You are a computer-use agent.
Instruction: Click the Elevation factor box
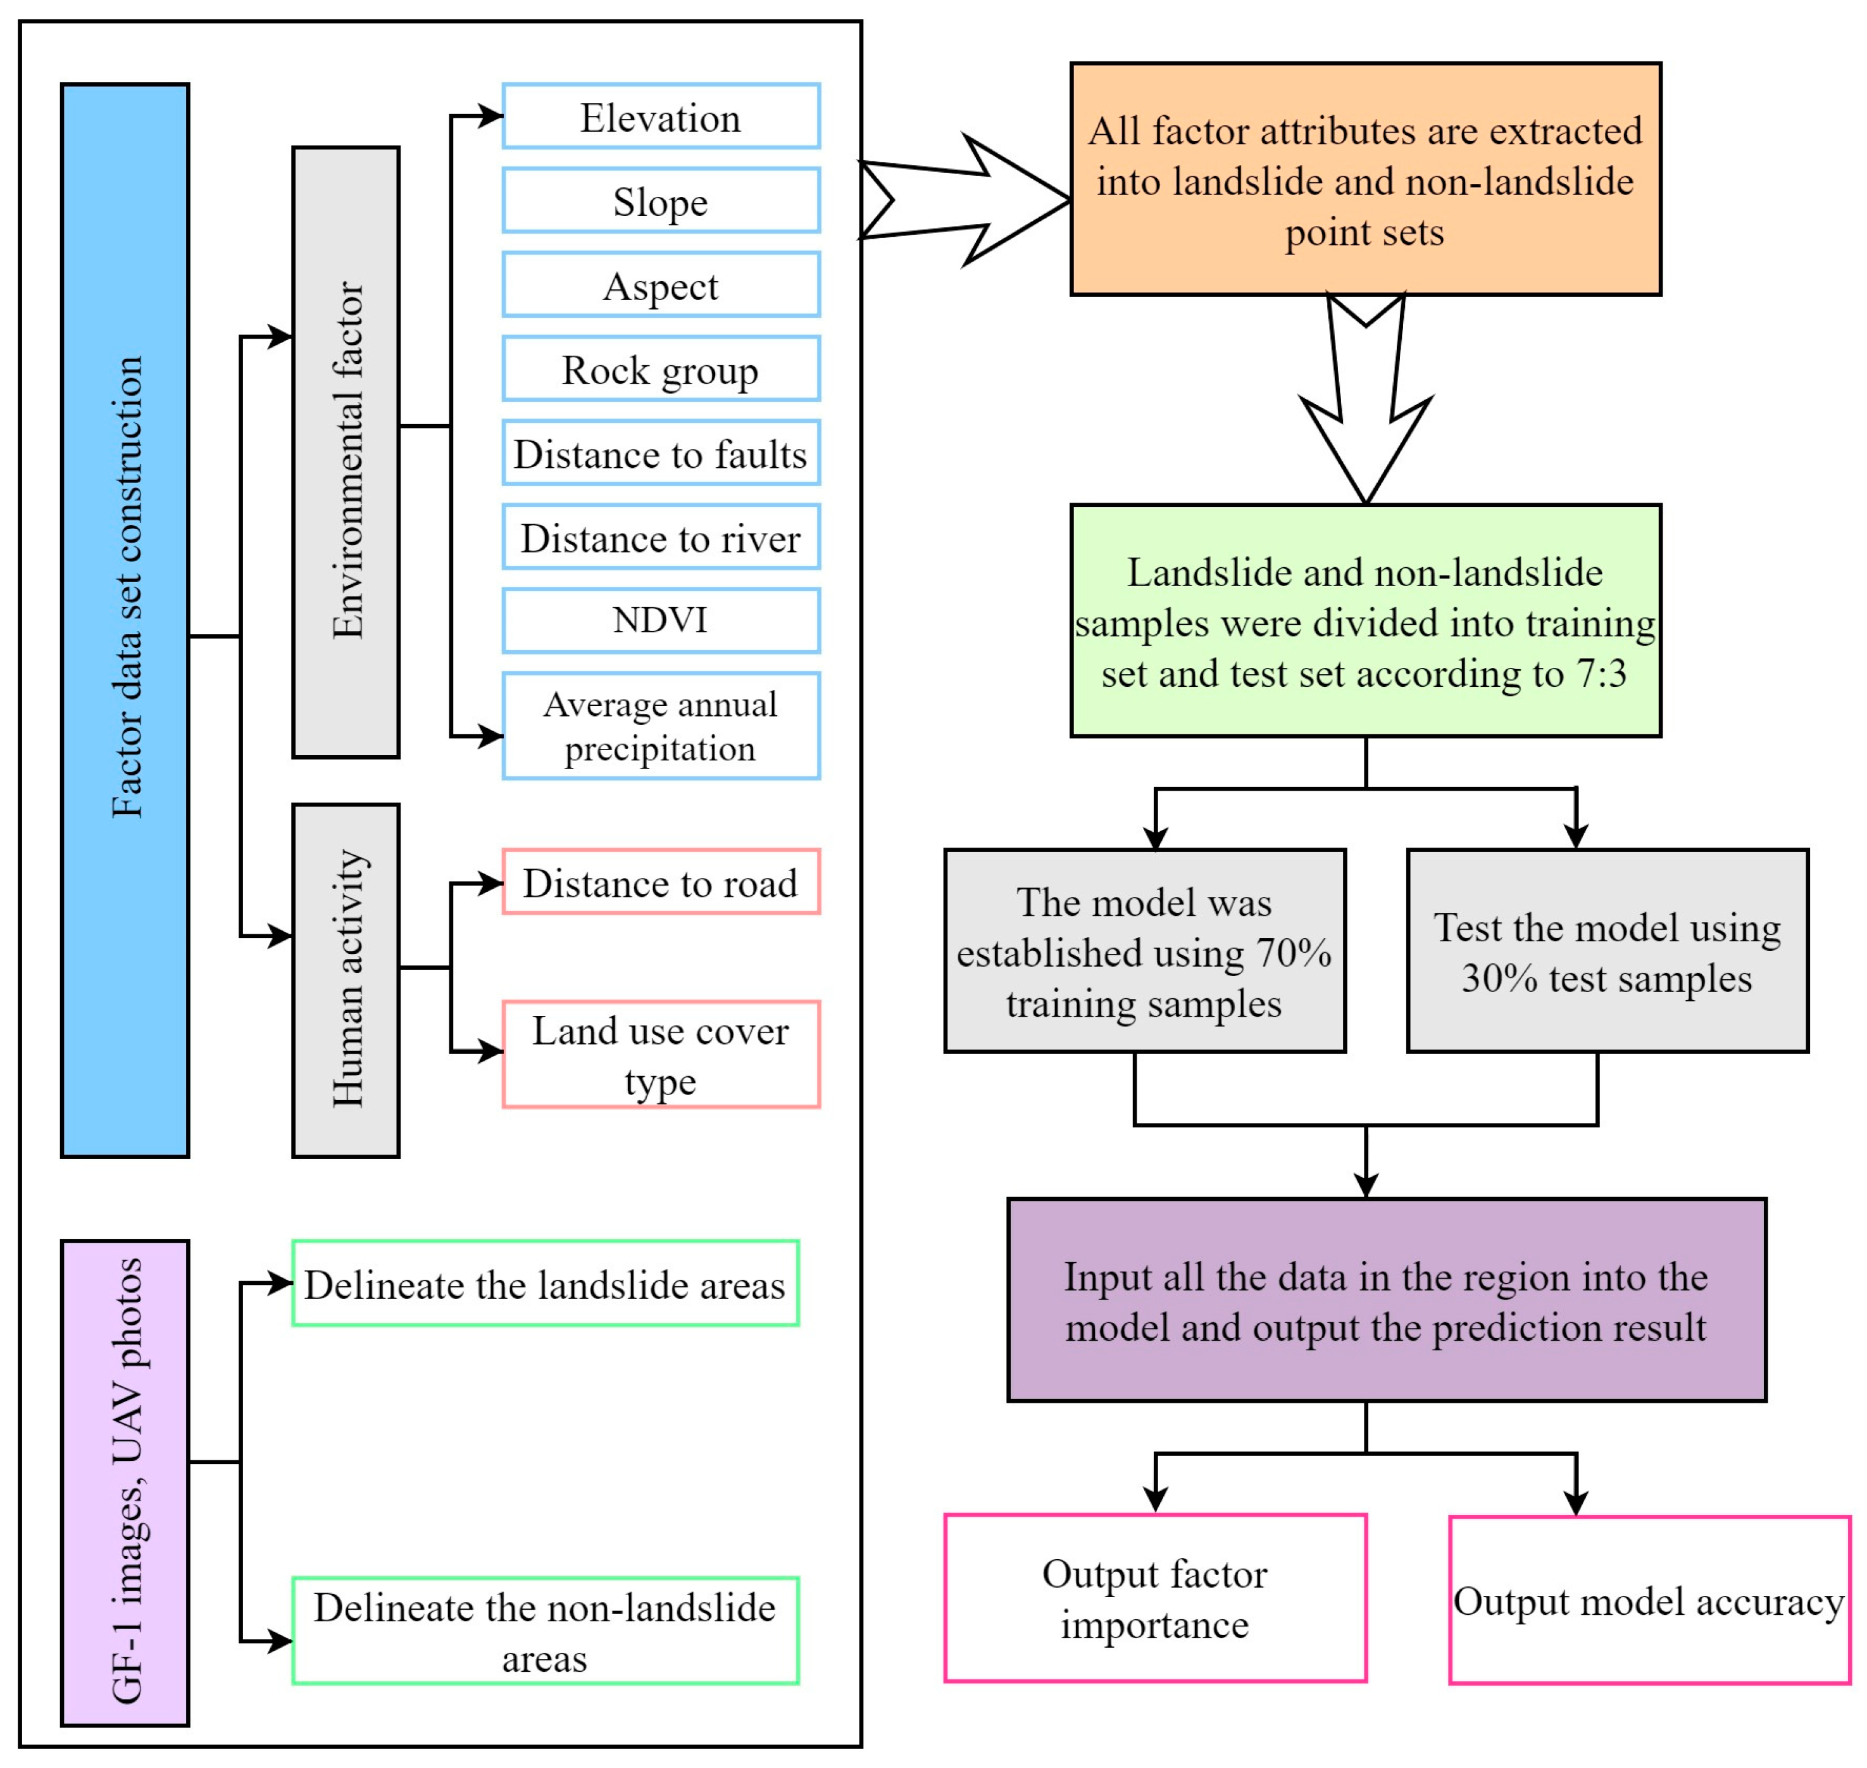(x=661, y=117)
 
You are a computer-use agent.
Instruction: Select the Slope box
(x=661, y=201)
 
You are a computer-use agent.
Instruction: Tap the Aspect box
(x=661, y=285)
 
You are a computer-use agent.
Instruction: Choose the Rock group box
(x=661, y=368)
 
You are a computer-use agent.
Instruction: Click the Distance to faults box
(x=661, y=453)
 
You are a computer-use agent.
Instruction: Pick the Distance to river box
(x=661, y=537)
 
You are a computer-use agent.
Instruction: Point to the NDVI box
(x=661, y=620)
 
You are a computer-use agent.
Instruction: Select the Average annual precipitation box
(x=661, y=725)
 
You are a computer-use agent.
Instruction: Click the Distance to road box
(x=661, y=882)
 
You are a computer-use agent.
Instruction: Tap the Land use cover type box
(x=661, y=1055)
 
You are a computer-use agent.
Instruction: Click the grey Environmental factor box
(x=346, y=453)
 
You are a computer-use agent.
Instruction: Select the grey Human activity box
(x=346, y=980)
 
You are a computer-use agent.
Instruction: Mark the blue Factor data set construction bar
(x=125, y=620)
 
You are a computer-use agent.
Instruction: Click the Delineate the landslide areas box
(x=546, y=1284)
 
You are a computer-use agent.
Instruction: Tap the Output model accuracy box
(x=1649, y=1600)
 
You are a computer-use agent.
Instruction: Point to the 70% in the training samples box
(x=1294, y=953)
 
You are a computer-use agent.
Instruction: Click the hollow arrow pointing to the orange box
(x=971, y=200)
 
